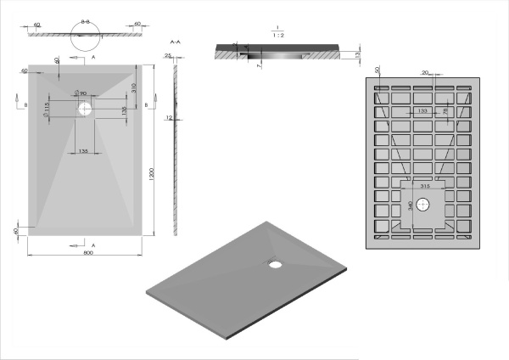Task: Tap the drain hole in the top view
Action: tap(87, 109)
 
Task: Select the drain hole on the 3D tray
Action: tap(276, 262)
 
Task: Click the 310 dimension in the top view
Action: tap(136, 87)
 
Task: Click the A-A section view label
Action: tap(174, 41)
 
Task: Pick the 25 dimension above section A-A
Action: tap(168, 55)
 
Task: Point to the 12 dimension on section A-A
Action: tap(169, 118)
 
